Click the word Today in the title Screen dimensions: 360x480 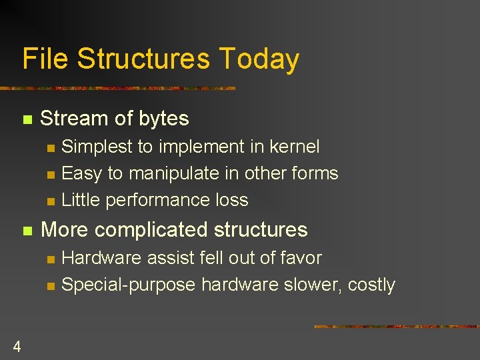click(x=259, y=59)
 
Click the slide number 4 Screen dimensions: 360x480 click(x=17, y=346)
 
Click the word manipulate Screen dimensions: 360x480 click(x=173, y=173)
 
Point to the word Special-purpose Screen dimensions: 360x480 click(x=128, y=285)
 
